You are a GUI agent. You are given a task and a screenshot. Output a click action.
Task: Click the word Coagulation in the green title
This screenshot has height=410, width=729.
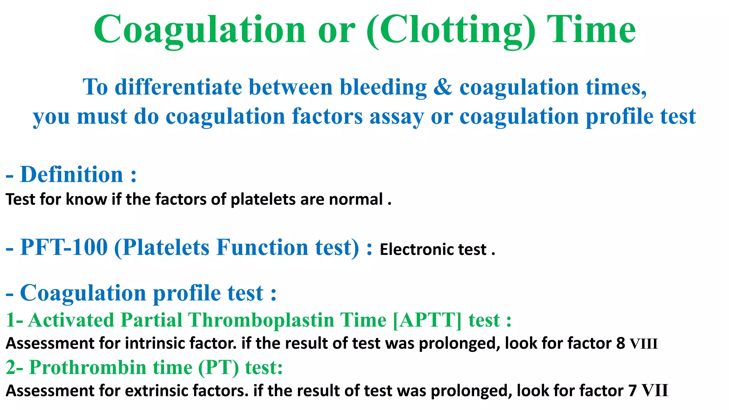click(199, 30)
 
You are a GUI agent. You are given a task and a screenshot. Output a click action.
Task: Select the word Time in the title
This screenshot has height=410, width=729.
click(591, 30)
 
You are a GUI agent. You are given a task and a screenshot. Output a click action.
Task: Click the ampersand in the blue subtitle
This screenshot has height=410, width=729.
click(442, 87)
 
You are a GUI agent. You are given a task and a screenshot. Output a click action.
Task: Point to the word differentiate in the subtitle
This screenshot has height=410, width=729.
click(178, 87)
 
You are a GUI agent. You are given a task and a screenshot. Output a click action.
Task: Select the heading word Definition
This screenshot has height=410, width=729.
click(72, 175)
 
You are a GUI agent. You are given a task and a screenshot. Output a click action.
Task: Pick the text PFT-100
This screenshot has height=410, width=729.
click(64, 247)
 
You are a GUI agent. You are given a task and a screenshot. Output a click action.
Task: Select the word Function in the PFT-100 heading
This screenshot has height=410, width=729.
click(262, 247)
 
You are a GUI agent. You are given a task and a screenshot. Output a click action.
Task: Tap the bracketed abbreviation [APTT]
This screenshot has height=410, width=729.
click(427, 320)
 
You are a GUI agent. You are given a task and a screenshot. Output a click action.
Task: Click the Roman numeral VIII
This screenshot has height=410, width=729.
click(644, 344)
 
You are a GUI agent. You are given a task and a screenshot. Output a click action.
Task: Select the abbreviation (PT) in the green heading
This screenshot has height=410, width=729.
click(218, 367)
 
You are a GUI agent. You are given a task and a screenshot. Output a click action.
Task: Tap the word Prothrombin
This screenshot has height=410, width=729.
click(88, 367)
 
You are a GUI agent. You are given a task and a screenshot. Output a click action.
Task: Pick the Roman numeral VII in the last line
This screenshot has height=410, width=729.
click(655, 391)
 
